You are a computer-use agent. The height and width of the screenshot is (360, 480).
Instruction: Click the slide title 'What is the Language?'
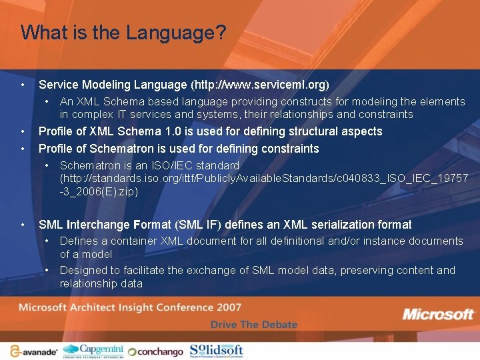[x=123, y=32]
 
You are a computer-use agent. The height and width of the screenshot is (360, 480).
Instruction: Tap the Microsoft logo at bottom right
[x=437, y=315]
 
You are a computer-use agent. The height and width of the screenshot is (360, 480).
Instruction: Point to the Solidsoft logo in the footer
[x=216, y=349]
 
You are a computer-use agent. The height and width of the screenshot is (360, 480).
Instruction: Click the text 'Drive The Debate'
[x=254, y=325]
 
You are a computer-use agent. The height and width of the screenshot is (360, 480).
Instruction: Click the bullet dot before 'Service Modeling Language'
[x=23, y=85]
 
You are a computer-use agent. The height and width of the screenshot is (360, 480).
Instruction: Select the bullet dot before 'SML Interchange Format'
[x=23, y=225]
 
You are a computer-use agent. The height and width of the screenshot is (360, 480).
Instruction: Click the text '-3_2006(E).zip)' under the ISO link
[x=99, y=191]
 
